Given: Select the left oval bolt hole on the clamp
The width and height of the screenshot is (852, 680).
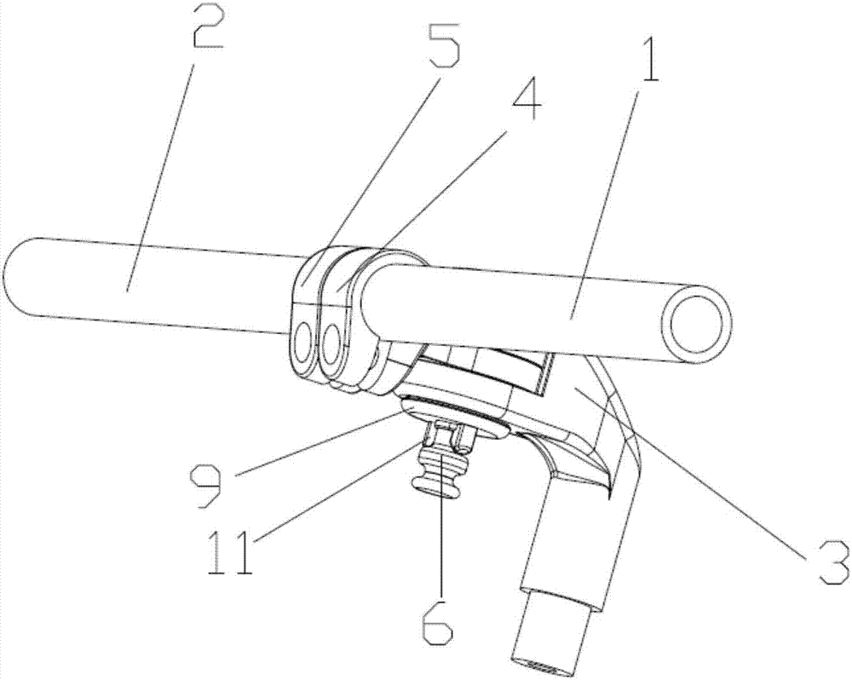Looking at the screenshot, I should point(302,343).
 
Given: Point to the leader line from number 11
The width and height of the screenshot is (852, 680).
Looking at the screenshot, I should point(341,490).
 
